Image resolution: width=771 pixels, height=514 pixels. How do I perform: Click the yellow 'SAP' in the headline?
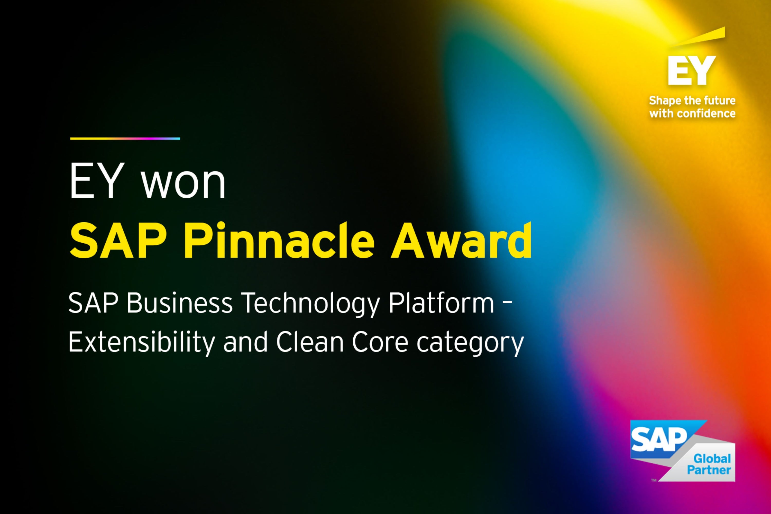pyautogui.click(x=118, y=241)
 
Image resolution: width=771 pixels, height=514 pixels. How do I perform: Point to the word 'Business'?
pyautogui.click(x=180, y=303)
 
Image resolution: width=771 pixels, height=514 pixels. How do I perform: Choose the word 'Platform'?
pyautogui.click(x=441, y=303)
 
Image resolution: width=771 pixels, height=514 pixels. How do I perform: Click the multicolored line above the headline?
pyautogui.click(x=125, y=139)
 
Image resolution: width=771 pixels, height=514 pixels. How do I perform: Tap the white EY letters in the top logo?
pyautogui.click(x=692, y=70)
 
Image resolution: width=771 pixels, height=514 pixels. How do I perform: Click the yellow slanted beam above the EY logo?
pyautogui.click(x=698, y=38)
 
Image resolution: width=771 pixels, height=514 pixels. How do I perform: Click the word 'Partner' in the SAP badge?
pyautogui.click(x=709, y=470)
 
